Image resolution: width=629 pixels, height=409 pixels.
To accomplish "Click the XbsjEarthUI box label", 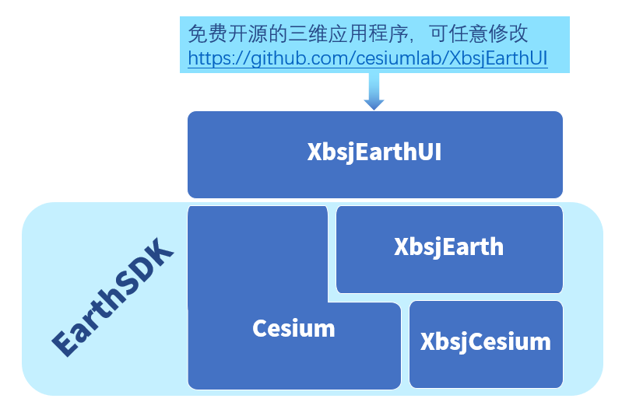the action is coord(374,152).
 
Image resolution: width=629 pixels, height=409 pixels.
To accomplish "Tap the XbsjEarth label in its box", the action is coord(448,247).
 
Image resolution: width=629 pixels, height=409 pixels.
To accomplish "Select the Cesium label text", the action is coord(293,328).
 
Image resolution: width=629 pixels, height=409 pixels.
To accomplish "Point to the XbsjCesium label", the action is coord(486,342).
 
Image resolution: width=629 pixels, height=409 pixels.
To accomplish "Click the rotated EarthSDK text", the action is coord(113,297).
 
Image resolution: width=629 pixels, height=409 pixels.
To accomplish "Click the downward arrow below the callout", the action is coord(374,91).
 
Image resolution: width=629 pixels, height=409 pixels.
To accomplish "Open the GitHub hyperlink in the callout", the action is coord(367,58).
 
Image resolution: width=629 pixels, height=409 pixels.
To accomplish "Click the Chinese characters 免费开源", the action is coord(228,33).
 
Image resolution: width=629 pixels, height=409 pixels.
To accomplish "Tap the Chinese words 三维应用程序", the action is coord(348,33).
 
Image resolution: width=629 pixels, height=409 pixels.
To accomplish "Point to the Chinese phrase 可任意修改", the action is coord(479,33).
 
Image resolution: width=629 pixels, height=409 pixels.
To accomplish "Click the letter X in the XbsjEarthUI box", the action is coord(314,152).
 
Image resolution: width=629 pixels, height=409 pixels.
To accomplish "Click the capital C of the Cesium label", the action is coord(260,328).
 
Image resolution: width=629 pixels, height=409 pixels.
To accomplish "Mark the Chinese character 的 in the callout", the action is coord(278,33).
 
